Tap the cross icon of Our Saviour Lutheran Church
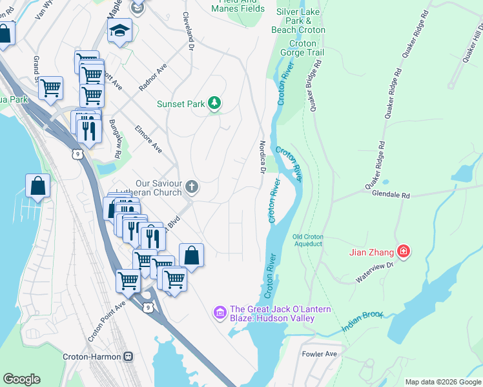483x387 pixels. point(191,187)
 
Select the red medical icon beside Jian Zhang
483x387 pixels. point(404,251)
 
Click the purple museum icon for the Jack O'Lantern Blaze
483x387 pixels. point(220,312)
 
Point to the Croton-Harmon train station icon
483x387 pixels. point(128,356)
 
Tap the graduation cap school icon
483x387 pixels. point(119,30)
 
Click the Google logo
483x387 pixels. point(21,379)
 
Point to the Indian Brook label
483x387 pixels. point(363,323)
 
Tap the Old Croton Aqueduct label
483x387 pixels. point(307,240)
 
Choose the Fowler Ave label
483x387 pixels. point(320,354)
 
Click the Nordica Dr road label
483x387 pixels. point(263,158)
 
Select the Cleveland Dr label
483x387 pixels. point(189,31)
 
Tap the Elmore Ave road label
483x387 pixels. point(149,139)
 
